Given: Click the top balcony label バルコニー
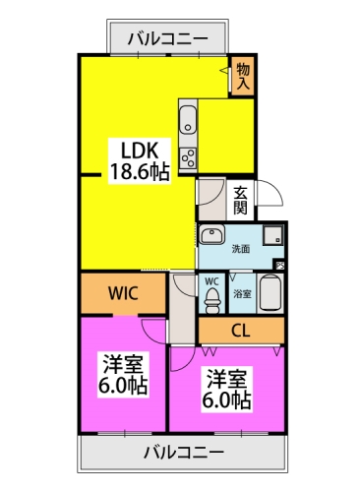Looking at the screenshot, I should [168, 40].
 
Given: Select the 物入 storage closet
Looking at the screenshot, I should [242, 76].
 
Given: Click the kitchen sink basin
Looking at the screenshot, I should [188, 121].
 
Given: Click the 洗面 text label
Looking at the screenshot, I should [241, 249].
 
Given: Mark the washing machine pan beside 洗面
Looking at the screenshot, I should [273, 236].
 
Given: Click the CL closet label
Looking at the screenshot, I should [240, 330].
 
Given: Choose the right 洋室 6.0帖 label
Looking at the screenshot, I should [228, 388].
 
